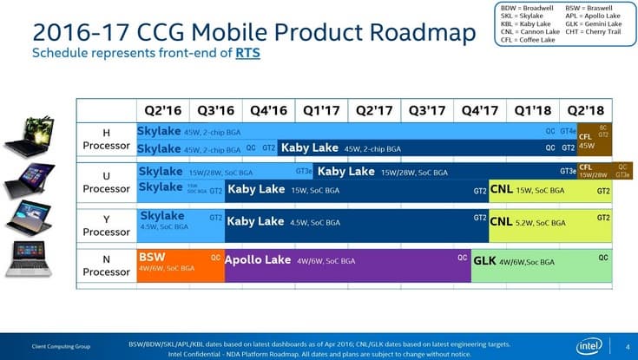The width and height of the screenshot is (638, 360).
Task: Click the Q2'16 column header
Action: (x=162, y=110)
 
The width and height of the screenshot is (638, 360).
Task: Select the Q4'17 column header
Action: (x=480, y=110)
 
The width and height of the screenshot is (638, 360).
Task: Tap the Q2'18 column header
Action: (x=586, y=110)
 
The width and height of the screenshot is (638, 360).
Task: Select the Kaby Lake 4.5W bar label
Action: (x=255, y=221)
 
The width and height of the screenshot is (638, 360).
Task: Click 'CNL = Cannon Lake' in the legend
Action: (x=530, y=30)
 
